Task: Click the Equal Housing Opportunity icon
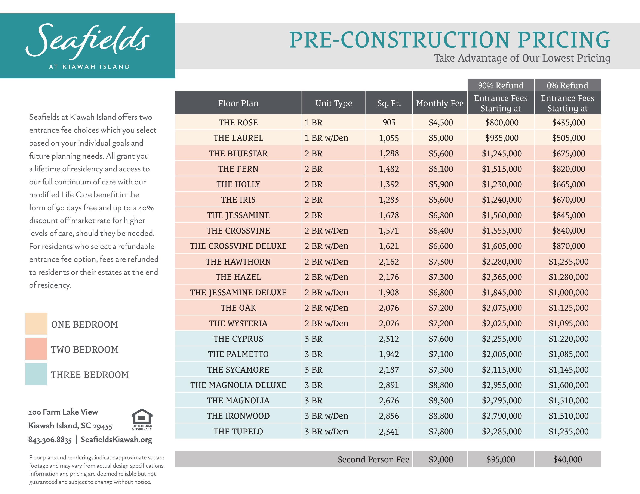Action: point(142,419)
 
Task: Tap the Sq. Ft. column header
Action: point(389,103)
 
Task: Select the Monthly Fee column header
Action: point(440,103)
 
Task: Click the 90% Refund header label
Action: point(501,85)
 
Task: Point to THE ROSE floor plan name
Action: point(238,123)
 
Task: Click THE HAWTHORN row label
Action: point(238,262)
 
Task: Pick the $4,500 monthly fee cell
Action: point(440,123)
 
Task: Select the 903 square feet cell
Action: point(389,123)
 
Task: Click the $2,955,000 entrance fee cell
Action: point(501,385)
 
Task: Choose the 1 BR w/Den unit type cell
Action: point(326,138)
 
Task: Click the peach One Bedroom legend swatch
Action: point(36,324)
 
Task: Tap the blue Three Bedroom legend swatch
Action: point(36,374)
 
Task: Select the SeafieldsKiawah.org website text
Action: point(116,440)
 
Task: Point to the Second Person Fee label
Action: point(373,459)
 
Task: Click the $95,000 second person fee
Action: point(501,459)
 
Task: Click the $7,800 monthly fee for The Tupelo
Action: point(440,431)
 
